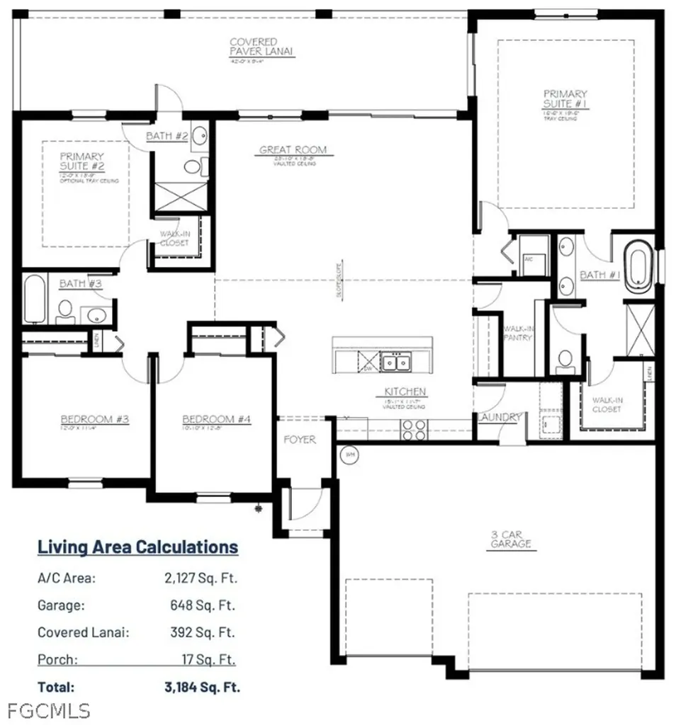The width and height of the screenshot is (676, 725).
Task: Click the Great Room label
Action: click(293, 149)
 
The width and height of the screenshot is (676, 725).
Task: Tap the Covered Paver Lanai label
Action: click(262, 47)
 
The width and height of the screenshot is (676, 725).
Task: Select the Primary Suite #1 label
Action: click(565, 98)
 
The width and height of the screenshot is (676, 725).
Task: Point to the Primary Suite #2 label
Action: click(81, 161)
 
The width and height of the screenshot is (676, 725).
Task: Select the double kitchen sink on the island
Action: click(395, 362)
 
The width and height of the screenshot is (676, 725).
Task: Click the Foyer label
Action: click(299, 440)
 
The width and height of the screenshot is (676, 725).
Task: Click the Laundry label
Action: click(500, 418)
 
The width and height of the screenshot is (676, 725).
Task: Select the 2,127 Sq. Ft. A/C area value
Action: click(201, 578)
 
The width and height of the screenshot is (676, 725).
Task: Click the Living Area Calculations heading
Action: click(137, 547)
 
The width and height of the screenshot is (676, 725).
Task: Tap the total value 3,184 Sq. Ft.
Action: click(201, 686)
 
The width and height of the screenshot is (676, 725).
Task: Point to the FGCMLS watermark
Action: click(45, 709)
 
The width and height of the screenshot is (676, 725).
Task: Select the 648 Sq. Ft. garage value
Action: click(209, 605)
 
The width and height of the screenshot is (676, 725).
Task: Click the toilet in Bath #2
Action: click(192, 166)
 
